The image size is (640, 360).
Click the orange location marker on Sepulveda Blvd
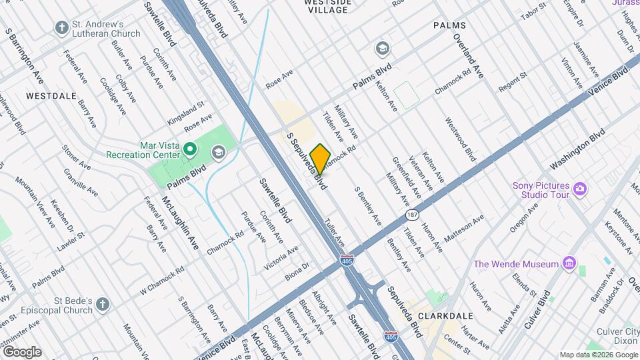click(x=320, y=159)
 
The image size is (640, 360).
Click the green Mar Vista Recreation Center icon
click(x=189, y=149)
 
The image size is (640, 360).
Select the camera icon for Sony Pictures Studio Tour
click(x=579, y=189)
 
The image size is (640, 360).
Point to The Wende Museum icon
click(x=568, y=264)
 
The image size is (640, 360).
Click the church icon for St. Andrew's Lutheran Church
click(x=62, y=28)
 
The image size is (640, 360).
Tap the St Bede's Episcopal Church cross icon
click(x=102, y=305)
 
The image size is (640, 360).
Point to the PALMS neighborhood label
click(x=449, y=25)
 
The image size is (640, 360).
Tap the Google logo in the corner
click(x=21, y=351)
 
